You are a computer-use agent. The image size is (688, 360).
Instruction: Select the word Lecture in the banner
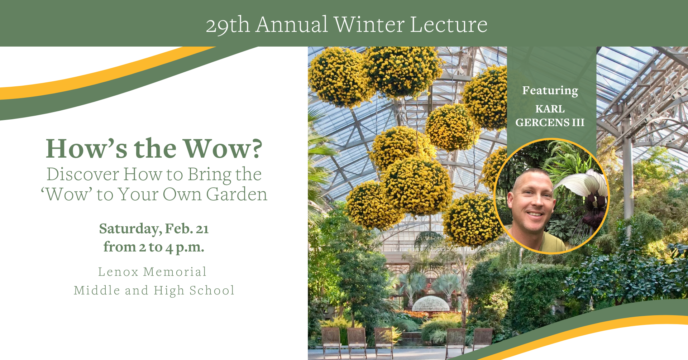coord(449,24)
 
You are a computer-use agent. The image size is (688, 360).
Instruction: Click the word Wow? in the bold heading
coord(223,148)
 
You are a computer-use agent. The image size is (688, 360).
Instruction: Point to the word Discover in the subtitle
coord(83,174)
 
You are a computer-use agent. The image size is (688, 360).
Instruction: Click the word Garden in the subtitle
coord(237,195)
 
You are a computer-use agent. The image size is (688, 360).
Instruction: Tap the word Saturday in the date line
coord(130,229)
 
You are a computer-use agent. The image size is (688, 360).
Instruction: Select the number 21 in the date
coord(202,229)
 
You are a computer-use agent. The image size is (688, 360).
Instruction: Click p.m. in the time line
coord(190,248)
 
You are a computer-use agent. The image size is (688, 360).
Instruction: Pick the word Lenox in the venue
coord(118,272)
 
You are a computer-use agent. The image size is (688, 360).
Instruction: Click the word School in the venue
coord(212,291)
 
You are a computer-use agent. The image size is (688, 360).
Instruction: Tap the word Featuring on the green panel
coord(550,91)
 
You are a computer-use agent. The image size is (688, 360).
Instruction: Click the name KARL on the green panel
coord(550,109)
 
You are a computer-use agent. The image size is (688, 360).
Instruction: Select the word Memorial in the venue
coord(175,272)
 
